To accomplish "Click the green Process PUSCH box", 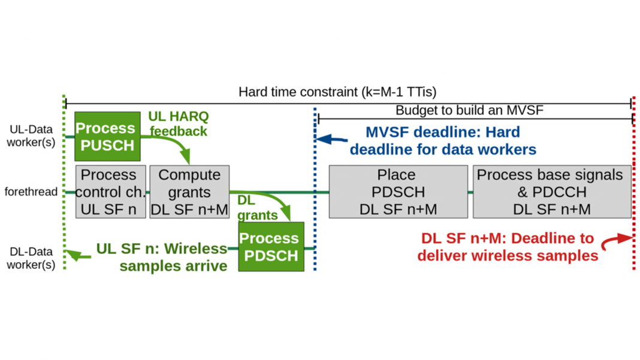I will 107,137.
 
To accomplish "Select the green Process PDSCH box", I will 271,246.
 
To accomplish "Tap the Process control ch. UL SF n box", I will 110,192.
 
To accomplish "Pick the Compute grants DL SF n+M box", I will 189,192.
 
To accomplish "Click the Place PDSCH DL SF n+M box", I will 398,192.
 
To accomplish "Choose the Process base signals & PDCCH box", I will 552,192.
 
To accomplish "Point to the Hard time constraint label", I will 337,92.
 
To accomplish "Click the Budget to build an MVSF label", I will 469,111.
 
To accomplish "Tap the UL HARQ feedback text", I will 179,123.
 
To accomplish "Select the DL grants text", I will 257,207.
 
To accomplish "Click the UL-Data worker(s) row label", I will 31,135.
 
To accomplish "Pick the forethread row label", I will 31,192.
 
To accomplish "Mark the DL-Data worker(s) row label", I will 31,258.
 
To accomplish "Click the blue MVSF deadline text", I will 443,141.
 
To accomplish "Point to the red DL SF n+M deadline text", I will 507,246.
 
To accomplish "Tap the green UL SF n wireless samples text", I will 162,256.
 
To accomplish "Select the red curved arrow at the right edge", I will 618,241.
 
